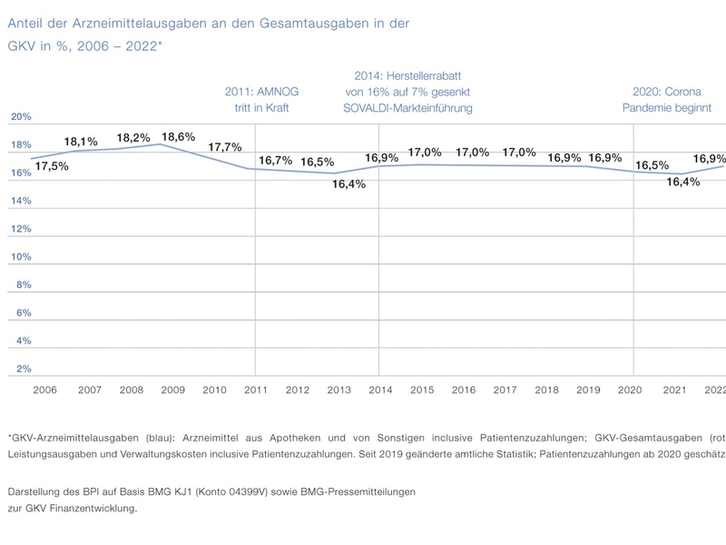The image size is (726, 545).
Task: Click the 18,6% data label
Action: pyautogui.click(x=178, y=136)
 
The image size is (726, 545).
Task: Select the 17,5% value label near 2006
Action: pyautogui.click(x=51, y=166)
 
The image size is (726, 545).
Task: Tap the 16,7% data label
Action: pyautogui.click(x=275, y=160)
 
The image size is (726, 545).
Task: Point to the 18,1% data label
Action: pyautogui.click(x=81, y=142)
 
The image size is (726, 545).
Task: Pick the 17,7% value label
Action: pyautogui.click(x=224, y=147)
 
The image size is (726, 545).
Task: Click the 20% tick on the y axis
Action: pyautogui.click(x=21, y=116)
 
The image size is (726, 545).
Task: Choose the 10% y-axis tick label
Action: pyautogui.click(x=21, y=256)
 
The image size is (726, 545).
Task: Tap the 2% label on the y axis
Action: pyautogui.click(x=24, y=369)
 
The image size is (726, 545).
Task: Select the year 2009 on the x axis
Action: pyautogui.click(x=172, y=390)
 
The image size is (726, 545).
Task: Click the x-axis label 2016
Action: pyautogui.click(x=464, y=390)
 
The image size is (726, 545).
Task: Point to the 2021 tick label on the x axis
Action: pyautogui.click(x=673, y=390)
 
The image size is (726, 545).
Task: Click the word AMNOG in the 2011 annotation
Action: pyautogui.click(x=278, y=92)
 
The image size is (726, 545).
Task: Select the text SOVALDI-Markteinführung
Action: pyautogui.click(x=407, y=108)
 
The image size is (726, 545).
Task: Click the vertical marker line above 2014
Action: pyautogui.click(x=378, y=272)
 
